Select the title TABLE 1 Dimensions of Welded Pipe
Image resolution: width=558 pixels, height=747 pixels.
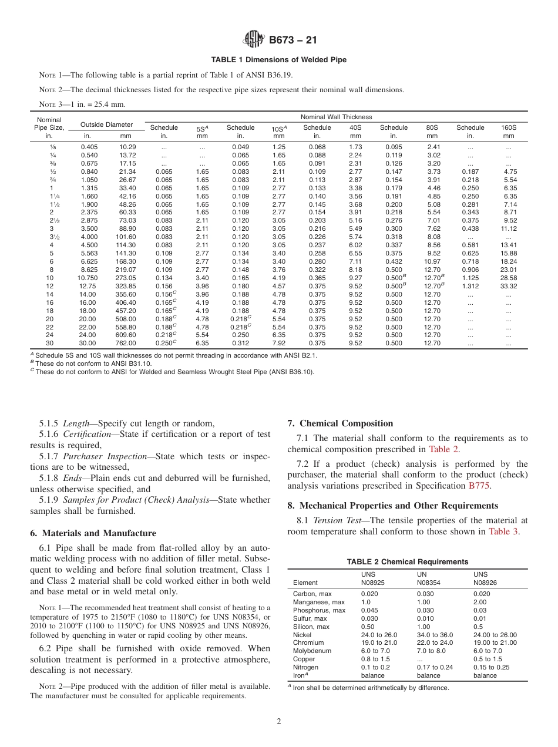pyautogui.click(x=278, y=60)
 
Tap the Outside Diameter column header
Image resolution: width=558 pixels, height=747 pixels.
pyautogui.click(x=106, y=124)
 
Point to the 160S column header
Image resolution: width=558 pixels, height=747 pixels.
pyautogui.click(x=508, y=127)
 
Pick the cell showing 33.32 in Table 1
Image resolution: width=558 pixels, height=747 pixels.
pyautogui.click(x=508, y=286)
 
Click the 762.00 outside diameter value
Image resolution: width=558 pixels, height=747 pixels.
pyautogui.click(x=126, y=343)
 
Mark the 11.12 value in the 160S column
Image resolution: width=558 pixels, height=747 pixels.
pyautogui.click(x=508, y=228)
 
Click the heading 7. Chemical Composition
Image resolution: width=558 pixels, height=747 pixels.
pyautogui.click(x=340, y=423)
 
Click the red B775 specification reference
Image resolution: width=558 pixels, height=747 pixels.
pyautogui.click(x=479, y=486)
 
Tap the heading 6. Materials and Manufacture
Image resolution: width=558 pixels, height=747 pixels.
pyautogui.click(x=93, y=533)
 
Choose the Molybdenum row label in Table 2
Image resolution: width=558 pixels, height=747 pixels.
pyautogui.click(x=312, y=651)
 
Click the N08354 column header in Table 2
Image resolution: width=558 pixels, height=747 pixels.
pyautogui.click(x=428, y=583)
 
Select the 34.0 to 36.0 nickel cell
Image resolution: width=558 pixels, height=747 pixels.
pyautogui.click(x=435, y=634)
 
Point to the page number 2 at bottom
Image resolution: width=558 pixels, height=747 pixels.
pyautogui.click(x=279, y=722)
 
